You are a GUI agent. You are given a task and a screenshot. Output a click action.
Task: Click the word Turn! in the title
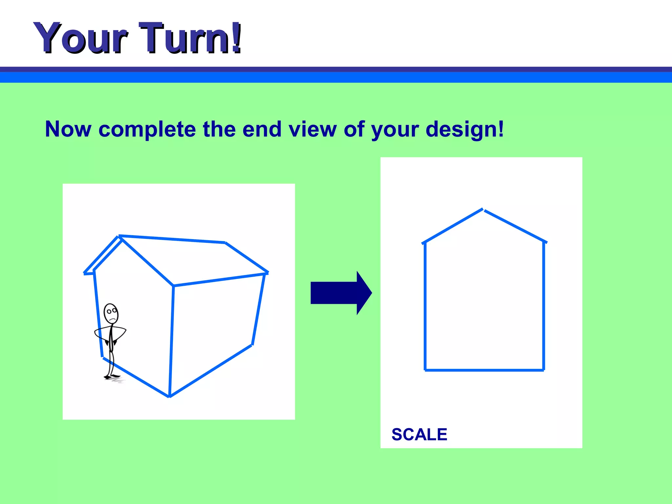click(190, 38)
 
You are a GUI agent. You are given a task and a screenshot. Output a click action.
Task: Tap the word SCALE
click(419, 434)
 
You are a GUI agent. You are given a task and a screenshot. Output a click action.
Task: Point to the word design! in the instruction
click(465, 129)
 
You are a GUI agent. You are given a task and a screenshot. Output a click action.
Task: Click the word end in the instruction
click(262, 129)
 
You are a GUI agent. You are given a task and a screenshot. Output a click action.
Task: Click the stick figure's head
click(111, 313)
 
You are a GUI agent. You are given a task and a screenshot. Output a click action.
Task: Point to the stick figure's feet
click(112, 376)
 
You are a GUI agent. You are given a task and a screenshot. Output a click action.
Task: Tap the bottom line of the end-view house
click(484, 370)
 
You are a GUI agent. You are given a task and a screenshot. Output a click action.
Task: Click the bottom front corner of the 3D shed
click(170, 396)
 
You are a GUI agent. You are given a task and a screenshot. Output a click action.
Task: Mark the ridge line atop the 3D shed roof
click(172, 239)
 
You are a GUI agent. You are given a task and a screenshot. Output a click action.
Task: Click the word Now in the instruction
click(68, 129)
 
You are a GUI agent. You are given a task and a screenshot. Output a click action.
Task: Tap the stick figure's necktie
click(111, 338)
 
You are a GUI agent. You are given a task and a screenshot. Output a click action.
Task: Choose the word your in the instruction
click(395, 129)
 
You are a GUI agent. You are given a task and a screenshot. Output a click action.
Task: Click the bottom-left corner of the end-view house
click(425, 370)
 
